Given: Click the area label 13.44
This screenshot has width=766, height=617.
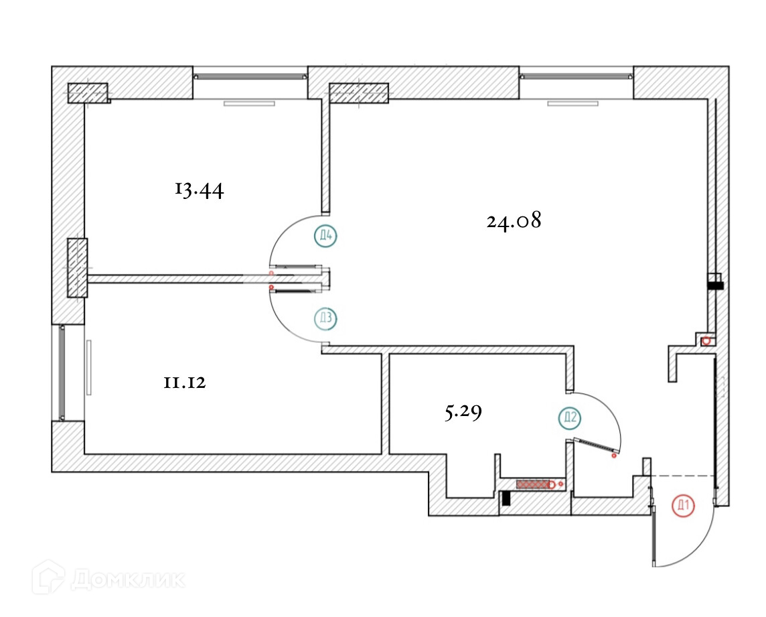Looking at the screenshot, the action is coord(199,190).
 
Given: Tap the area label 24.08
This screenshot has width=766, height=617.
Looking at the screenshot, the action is coord(514,220).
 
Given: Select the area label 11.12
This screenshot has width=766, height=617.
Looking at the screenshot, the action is coord(183,383).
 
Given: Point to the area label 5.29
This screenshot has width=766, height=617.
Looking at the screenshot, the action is coord(463,413).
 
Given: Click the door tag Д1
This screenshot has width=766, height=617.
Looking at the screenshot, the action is coord(684,506).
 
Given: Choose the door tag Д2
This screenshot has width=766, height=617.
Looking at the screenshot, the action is coord(570,419).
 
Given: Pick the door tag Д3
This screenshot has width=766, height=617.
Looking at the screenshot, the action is coord(325,318).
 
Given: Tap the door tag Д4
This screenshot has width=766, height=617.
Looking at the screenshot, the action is coord(326,235).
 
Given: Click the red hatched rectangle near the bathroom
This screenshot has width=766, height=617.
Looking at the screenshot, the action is coord(532,483).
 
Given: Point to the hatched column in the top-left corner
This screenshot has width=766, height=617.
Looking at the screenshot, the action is coord(88,93).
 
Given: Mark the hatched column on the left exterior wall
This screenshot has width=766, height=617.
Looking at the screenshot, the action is coord(77,267).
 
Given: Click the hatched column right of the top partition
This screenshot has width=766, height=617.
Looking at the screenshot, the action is coord(360,93).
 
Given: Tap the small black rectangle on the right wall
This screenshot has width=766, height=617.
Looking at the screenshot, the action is coord(715,285).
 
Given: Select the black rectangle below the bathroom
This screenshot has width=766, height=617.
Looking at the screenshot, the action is coord(506,498).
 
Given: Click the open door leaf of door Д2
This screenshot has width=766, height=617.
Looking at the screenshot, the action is coord(595,447).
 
